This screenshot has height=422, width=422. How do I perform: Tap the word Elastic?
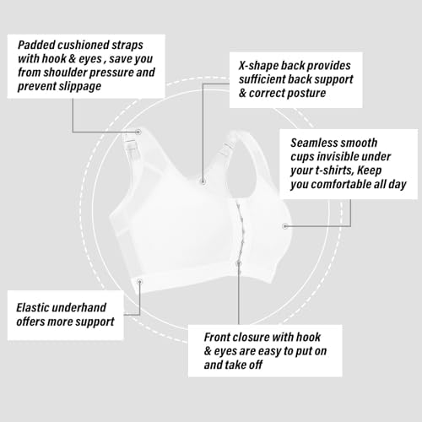(x=34, y=308)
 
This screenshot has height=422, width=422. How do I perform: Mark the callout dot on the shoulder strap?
(x=138, y=132)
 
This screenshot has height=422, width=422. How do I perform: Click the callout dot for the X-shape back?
(x=203, y=181)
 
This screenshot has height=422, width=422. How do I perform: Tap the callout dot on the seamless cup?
(x=284, y=226)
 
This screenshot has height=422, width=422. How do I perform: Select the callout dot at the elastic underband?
(x=139, y=281)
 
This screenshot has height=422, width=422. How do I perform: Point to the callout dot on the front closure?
(x=239, y=263)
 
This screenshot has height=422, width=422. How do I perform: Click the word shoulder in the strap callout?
(x=65, y=73)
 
